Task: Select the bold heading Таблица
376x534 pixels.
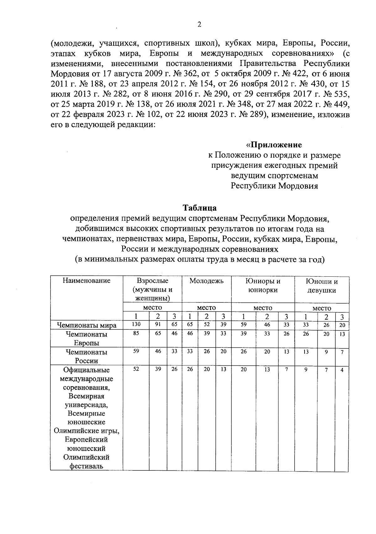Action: point(200,208)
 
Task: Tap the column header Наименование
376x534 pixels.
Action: point(86,280)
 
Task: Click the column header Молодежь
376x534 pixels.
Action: point(206,281)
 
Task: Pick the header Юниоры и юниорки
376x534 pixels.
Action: point(263,285)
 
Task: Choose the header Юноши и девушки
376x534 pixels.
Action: point(322,285)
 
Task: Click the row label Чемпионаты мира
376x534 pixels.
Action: point(86,325)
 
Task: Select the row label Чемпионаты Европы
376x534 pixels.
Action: point(86,339)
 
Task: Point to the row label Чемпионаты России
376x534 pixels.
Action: point(86,356)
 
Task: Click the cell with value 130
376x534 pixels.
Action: point(136,325)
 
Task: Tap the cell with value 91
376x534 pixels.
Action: point(158,325)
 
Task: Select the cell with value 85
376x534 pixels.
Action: point(136,334)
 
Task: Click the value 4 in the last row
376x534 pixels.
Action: point(342,370)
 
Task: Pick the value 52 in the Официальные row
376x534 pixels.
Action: point(136,369)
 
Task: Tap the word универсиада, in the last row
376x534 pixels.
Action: point(86,405)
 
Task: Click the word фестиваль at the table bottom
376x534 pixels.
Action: point(86,466)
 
